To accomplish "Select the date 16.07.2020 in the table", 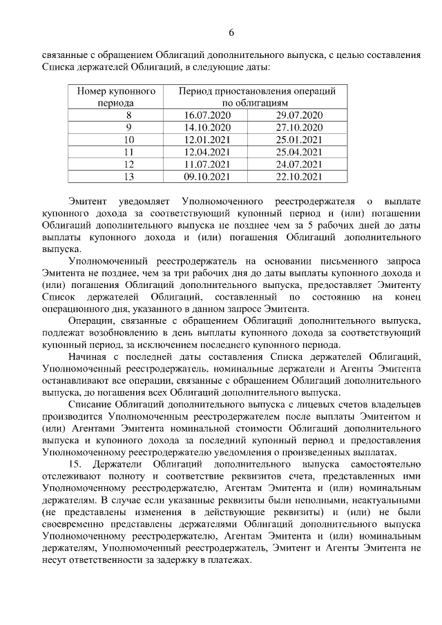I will [206, 114].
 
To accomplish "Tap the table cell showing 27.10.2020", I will [299, 127].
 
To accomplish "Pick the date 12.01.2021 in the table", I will [206, 140].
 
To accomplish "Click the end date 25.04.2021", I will [299, 152].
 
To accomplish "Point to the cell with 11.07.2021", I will [206, 164].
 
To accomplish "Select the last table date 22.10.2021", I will [299, 177].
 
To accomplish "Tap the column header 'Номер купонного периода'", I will [116, 96].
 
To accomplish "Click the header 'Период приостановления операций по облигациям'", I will [257, 96].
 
